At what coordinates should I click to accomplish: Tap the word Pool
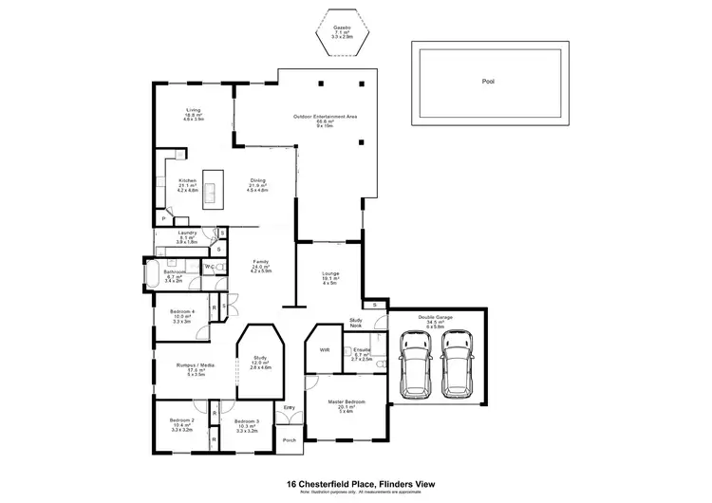tap(487, 82)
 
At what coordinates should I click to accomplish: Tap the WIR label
tap(324, 350)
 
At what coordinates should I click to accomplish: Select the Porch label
tap(288, 439)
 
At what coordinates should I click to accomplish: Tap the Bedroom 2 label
tap(181, 420)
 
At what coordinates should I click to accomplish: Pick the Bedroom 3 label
tap(246, 420)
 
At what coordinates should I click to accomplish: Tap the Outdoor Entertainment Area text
tap(324, 117)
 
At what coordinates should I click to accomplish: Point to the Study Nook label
tap(356, 323)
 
